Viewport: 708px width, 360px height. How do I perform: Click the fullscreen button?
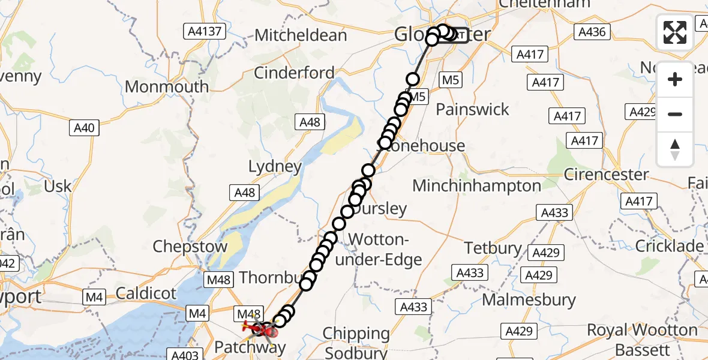point(675,32)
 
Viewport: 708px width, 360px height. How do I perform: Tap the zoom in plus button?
point(675,79)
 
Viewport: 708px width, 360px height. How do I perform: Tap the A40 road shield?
point(85,128)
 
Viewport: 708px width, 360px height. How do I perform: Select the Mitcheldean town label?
point(301,35)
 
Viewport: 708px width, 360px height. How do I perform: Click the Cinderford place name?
point(294,73)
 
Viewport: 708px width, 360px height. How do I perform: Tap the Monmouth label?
point(167,86)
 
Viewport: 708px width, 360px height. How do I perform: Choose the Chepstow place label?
point(190,247)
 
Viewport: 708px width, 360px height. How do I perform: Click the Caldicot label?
point(146,293)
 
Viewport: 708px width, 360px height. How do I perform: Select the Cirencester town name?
point(607,175)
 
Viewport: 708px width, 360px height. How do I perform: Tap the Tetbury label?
point(493,247)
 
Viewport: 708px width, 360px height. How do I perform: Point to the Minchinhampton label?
point(476,185)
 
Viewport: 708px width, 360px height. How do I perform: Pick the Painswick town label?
point(472,109)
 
